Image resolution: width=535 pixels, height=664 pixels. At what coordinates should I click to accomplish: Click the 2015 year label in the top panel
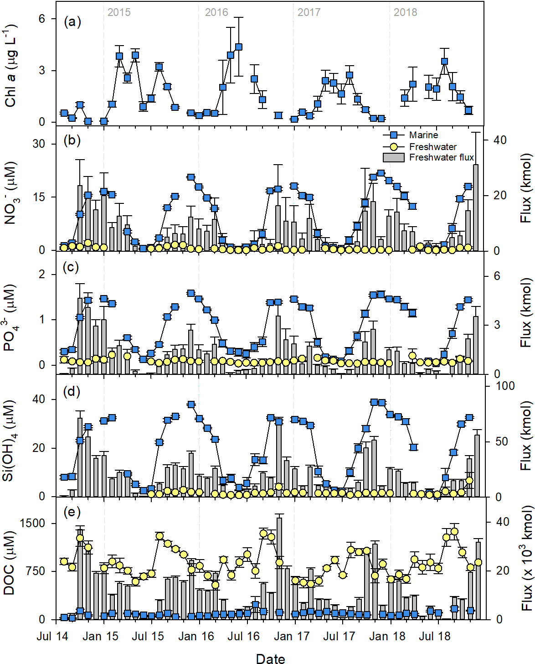(x=119, y=12)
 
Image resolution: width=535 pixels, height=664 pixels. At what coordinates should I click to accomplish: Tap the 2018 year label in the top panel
(x=405, y=12)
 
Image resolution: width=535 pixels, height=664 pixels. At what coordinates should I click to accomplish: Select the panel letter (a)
(x=72, y=21)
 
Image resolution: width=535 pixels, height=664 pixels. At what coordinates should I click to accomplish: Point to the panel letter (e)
(x=72, y=512)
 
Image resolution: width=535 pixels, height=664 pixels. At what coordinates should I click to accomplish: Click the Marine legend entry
(x=423, y=135)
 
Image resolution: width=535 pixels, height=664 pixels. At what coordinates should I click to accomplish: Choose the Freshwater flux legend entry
(x=441, y=157)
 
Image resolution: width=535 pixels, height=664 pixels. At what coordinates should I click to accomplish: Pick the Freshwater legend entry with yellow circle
(x=432, y=146)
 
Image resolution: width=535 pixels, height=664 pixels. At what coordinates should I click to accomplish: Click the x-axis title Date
(x=270, y=658)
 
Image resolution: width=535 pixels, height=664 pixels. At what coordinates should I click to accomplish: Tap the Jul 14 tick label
(x=52, y=636)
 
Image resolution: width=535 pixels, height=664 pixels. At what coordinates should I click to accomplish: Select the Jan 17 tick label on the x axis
(x=291, y=636)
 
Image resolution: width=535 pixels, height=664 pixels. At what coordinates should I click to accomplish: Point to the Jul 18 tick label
(x=434, y=636)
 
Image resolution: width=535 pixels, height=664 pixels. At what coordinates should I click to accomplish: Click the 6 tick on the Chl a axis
(x=42, y=19)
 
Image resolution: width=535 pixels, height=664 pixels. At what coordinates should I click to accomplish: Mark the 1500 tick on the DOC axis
(x=33, y=523)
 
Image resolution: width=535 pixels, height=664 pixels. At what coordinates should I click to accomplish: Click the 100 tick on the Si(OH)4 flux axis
(x=505, y=386)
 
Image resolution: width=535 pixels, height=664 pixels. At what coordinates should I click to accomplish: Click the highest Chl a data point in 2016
(x=238, y=47)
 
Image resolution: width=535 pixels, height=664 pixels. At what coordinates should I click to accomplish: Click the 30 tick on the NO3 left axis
(x=39, y=144)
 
